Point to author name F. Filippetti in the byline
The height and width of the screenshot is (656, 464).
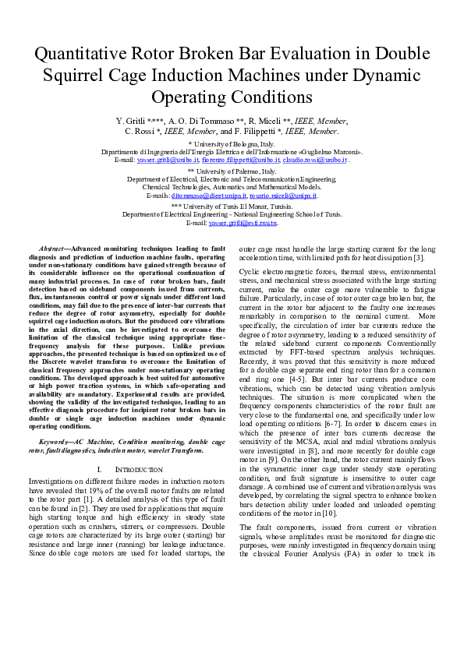[257, 132]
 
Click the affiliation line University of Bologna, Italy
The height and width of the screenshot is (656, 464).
[232, 145]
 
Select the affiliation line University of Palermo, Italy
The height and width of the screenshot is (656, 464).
[232, 171]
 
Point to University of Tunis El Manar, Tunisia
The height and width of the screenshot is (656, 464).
[232, 206]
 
